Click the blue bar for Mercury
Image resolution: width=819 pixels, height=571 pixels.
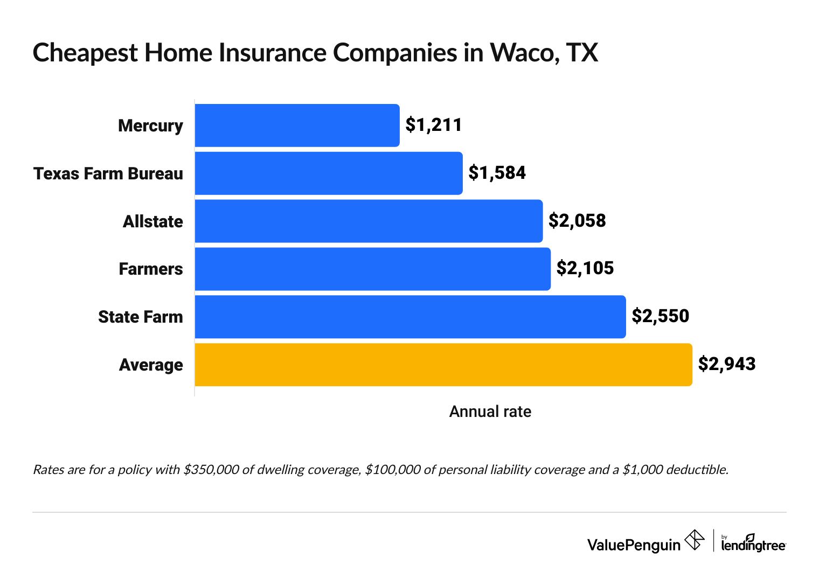(297, 126)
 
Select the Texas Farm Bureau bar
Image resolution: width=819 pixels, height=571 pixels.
(329, 173)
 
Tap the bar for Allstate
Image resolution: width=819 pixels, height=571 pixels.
(369, 221)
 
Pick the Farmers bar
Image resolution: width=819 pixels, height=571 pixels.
(372, 269)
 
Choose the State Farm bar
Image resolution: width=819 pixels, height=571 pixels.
(410, 317)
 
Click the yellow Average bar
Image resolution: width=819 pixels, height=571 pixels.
(443, 365)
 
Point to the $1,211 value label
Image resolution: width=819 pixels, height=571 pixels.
(434, 125)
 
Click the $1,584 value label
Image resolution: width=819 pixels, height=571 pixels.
(497, 173)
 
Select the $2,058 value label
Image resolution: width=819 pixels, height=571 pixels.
(577, 220)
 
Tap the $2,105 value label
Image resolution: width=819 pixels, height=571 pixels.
(585, 268)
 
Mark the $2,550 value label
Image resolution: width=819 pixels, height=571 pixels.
(660, 316)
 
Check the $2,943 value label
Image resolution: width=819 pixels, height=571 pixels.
(727, 364)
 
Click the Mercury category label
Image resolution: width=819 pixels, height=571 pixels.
(150, 126)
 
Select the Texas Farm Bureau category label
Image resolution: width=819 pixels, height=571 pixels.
(108, 173)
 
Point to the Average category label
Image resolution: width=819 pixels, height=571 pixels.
(151, 365)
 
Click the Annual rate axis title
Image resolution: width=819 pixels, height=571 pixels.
(490, 412)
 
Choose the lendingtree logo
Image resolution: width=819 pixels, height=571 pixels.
(753, 543)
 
